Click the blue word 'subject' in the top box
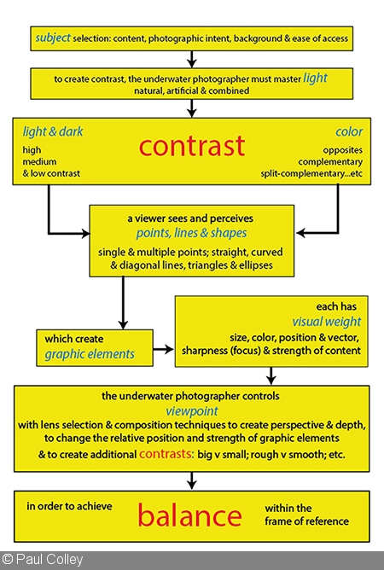coord(53,38)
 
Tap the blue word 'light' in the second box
coord(315,79)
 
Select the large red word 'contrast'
coord(192,146)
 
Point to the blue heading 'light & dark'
coord(53,131)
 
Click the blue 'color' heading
coord(349,131)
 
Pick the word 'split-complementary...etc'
coord(311,173)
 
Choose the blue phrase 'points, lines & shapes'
coord(192,233)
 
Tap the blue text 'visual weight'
coord(327,322)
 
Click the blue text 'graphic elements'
coord(90,354)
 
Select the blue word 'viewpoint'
coord(192,410)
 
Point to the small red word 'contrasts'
coord(166,454)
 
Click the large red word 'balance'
coord(189,515)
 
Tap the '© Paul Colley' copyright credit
coord(43,560)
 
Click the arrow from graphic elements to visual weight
coord(163,349)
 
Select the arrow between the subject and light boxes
coord(192,59)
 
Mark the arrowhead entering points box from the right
coord(300,233)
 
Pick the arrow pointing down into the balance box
coord(192,480)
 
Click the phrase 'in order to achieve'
coord(69,506)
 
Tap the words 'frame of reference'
coord(306,521)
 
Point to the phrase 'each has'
coord(336,306)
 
